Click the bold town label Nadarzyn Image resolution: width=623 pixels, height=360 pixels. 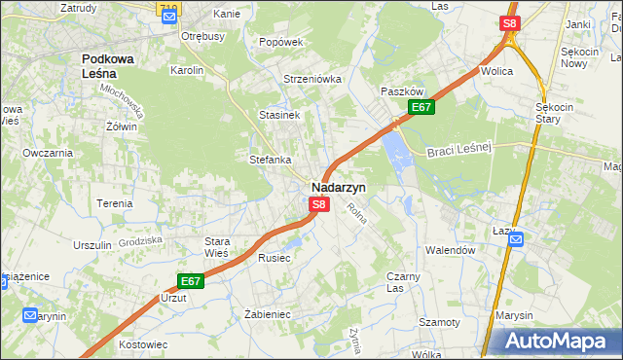pyautogui.click(x=339, y=187)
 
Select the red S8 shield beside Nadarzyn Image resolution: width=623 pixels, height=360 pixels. pyautogui.click(x=318, y=205)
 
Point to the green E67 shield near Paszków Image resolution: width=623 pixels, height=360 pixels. pyautogui.click(x=421, y=107)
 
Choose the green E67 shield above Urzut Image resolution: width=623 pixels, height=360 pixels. pyautogui.click(x=191, y=282)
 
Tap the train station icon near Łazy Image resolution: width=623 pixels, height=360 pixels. pyautogui.click(x=515, y=239)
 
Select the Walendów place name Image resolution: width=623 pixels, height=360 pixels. pyautogui.click(x=450, y=250)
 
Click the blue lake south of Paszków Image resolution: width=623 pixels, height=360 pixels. pyautogui.click(x=397, y=149)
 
